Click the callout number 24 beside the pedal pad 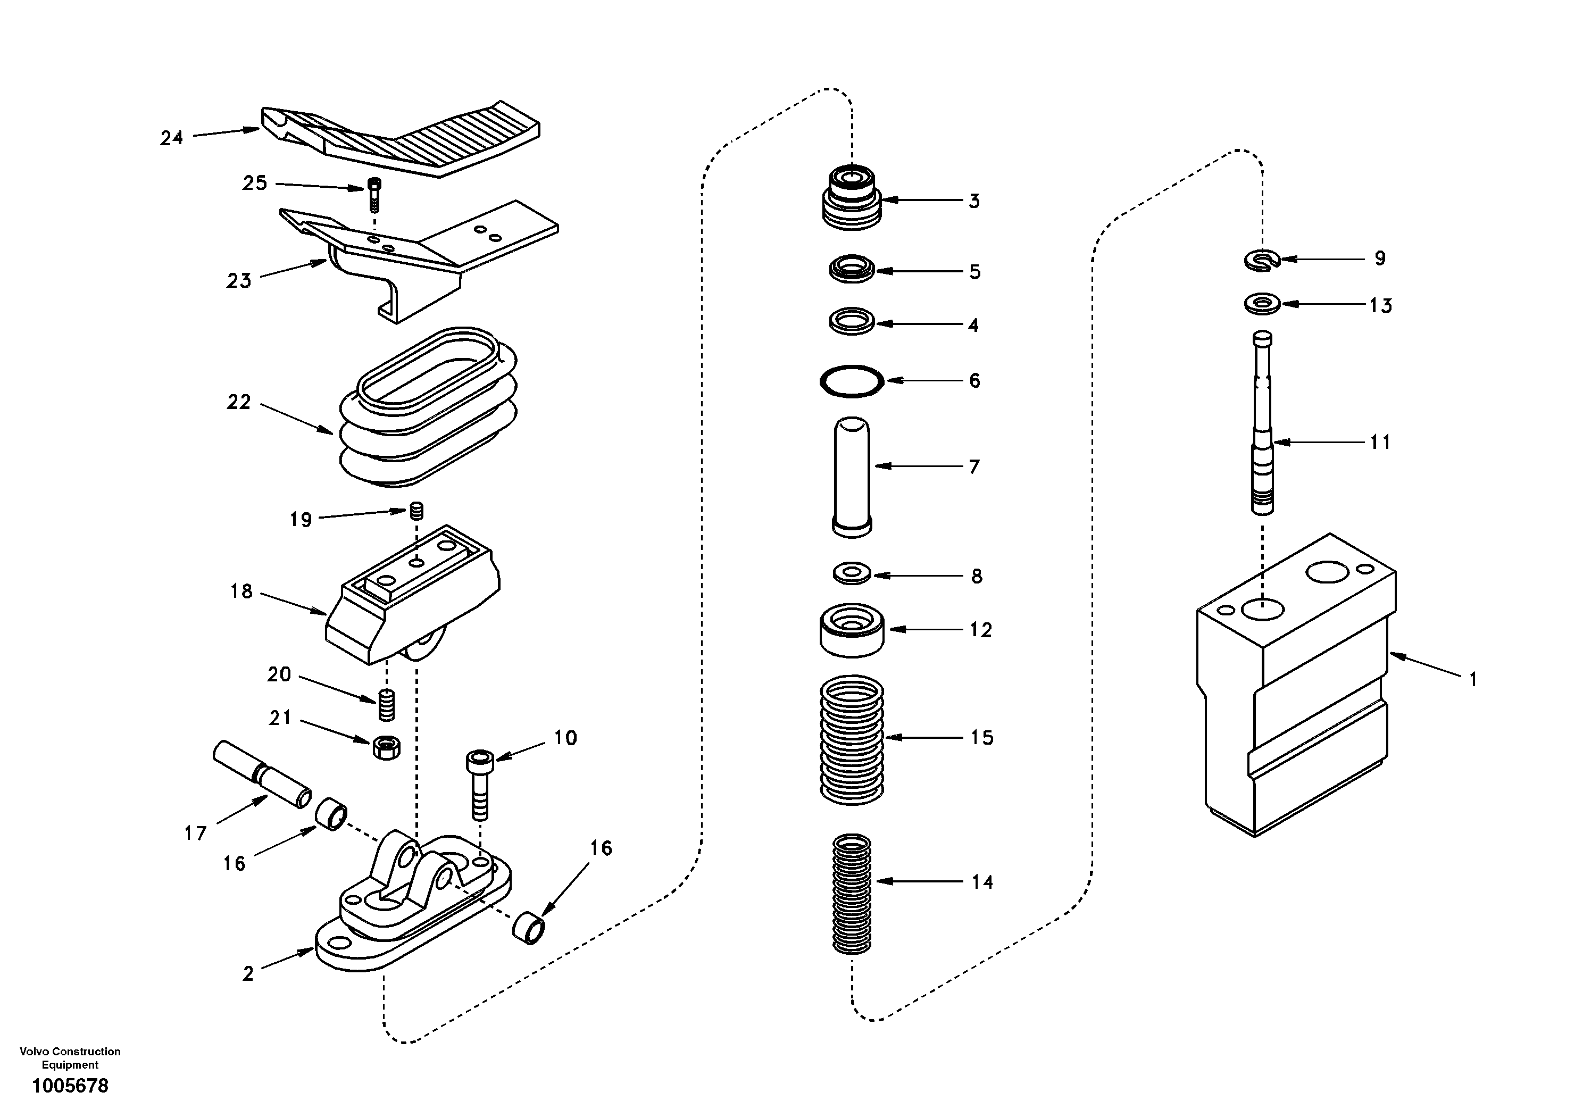(172, 138)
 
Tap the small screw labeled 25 (374, 195)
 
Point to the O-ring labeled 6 (852, 381)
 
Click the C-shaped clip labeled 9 (1262, 260)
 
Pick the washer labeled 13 (1262, 303)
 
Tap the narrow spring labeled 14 (852, 894)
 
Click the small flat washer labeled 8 (852, 573)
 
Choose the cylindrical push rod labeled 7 (852, 476)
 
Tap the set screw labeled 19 (416, 511)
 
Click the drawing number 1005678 (70, 1086)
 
